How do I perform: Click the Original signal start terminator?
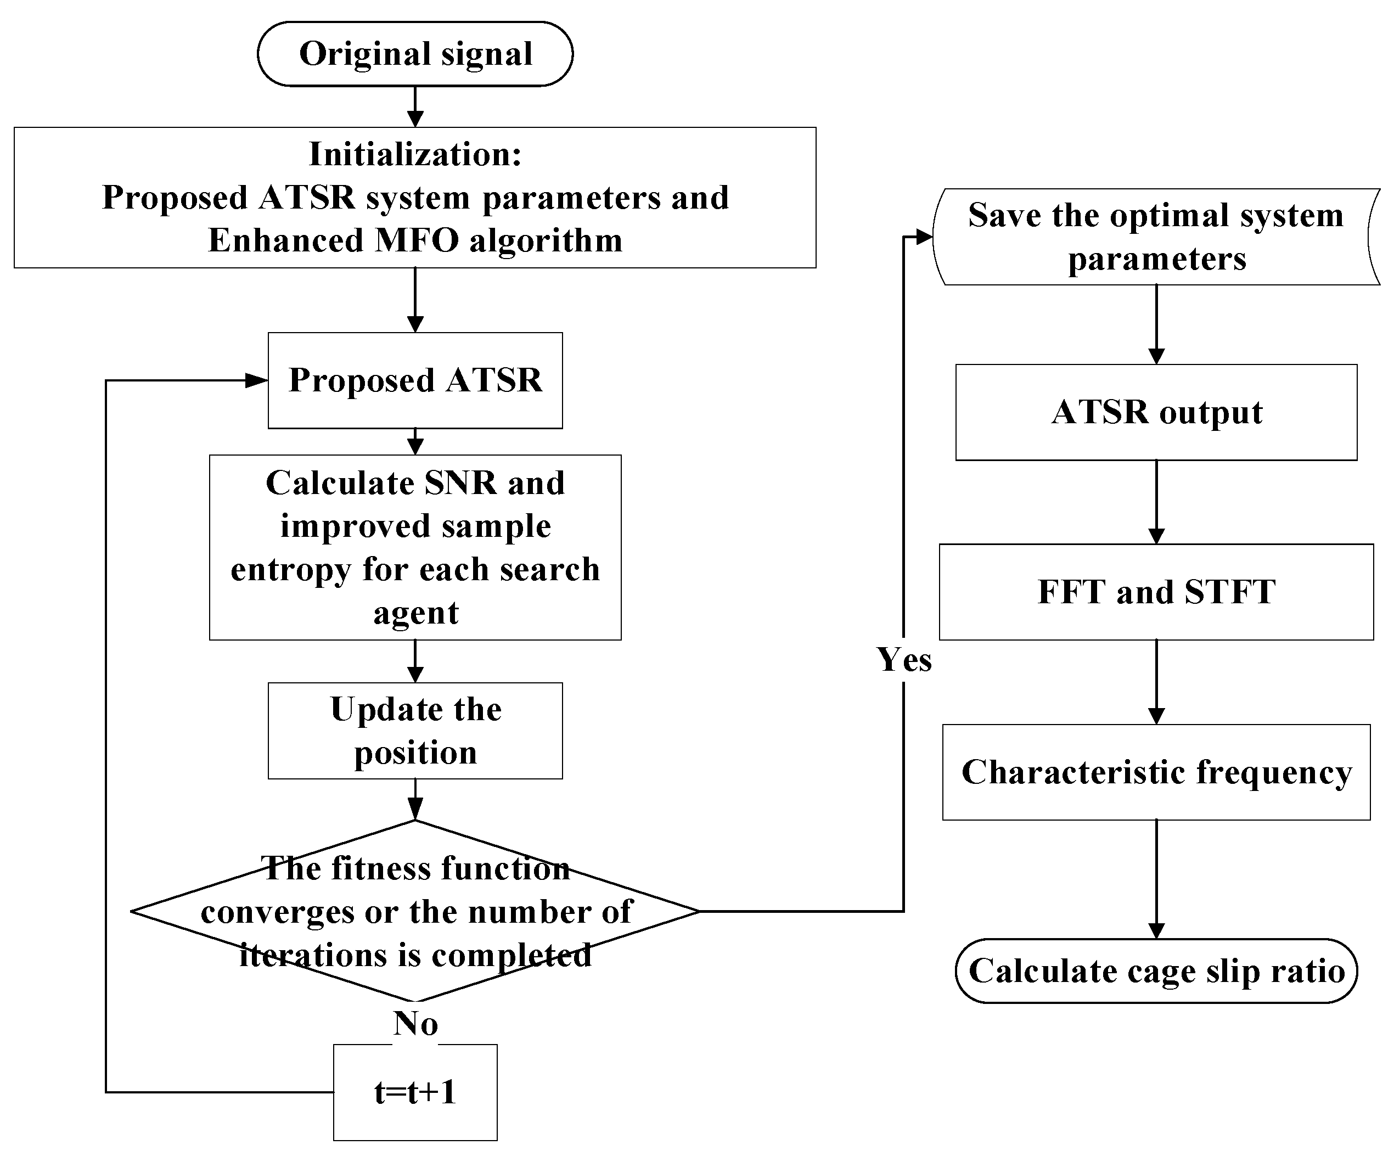(415, 54)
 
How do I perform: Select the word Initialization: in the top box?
(415, 154)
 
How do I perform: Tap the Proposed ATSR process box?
(415, 380)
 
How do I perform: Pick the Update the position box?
(415, 731)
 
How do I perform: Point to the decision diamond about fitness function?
(415, 911)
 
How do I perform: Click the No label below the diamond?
(415, 1023)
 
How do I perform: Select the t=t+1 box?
(415, 1092)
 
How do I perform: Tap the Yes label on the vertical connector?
(904, 659)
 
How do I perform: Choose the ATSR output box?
(1156, 412)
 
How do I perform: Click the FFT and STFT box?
(1156, 592)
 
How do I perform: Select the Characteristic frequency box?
(1156, 772)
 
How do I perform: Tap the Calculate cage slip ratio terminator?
(1156, 971)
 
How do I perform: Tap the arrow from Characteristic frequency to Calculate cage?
(1156, 880)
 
